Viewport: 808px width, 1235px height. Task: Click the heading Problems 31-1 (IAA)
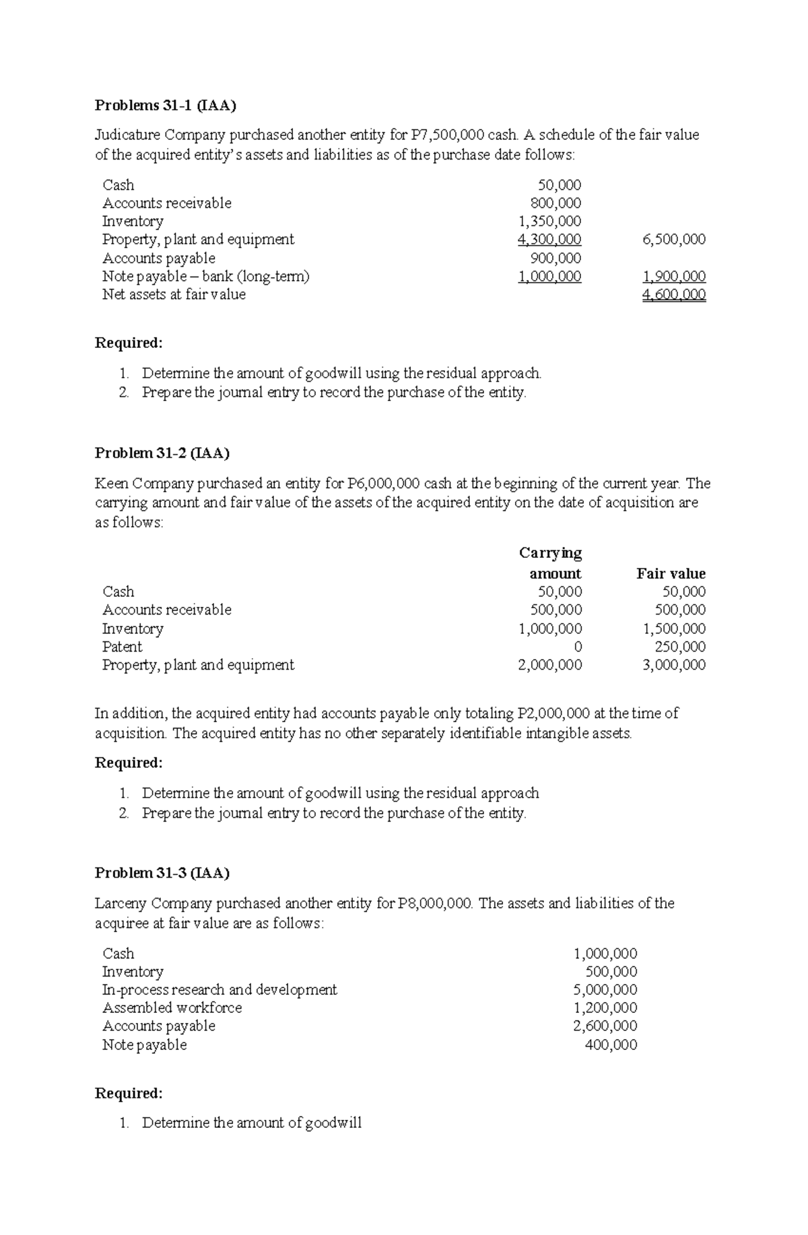[166, 106]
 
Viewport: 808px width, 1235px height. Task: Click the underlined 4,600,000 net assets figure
[674, 295]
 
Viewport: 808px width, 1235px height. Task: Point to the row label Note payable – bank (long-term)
[205, 277]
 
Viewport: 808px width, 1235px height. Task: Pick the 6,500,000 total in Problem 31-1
[674, 240]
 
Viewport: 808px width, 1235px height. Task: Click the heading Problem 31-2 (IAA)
[162, 453]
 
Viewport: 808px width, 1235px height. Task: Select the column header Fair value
[671, 574]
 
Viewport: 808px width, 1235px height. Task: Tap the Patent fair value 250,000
[680, 647]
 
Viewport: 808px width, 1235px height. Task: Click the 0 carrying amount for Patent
[577, 647]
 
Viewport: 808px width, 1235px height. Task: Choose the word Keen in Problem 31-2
[112, 484]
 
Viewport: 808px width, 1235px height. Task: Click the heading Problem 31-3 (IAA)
[162, 873]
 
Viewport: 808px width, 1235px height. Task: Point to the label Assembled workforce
[172, 1008]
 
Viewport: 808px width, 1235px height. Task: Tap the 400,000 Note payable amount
[611, 1045]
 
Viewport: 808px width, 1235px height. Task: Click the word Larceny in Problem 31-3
[121, 903]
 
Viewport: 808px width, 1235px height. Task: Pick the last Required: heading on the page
[129, 1093]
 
